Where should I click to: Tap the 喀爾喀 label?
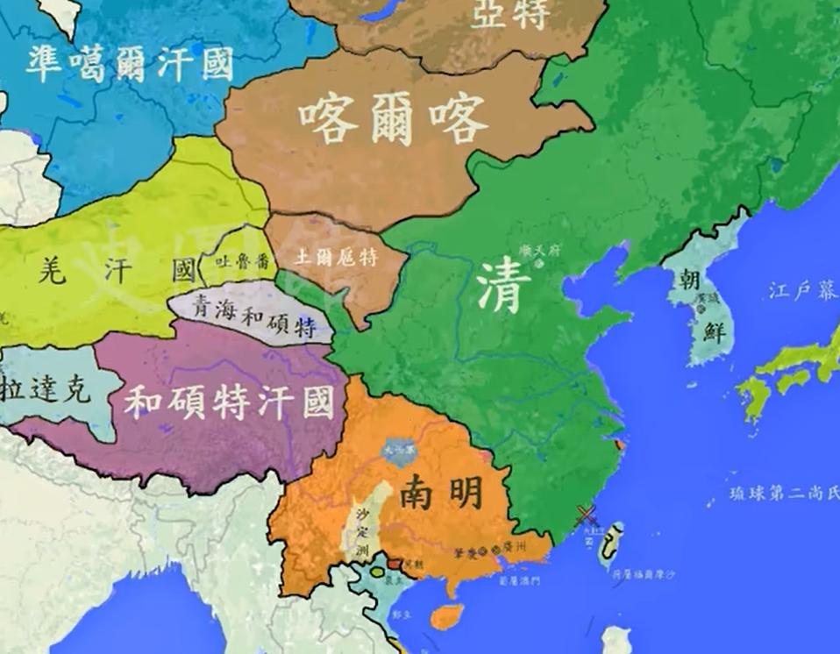point(391,119)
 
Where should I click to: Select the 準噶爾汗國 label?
point(129,64)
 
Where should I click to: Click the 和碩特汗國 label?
point(229,402)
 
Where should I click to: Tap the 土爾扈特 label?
point(336,258)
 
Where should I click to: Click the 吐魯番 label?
point(238,260)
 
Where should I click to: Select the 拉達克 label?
point(46,387)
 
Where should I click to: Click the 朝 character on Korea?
point(689,280)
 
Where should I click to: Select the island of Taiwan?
point(616,543)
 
